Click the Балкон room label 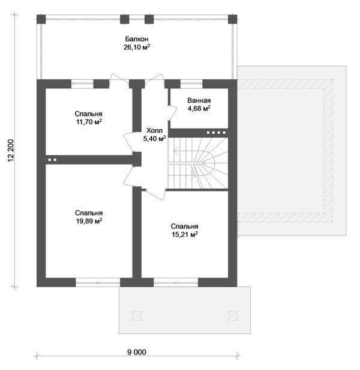(x=137, y=38)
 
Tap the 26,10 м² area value (x=137, y=47)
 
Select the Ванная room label (x=199, y=100)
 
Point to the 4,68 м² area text (x=199, y=109)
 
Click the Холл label (x=154, y=130)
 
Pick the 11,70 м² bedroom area (x=89, y=122)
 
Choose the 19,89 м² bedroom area (x=89, y=221)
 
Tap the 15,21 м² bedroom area (x=184, y=234)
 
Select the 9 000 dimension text (x=137, y=353)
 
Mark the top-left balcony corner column (x=41, y=19)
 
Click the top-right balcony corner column (x=232, y=19)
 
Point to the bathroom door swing (x=173, y=114)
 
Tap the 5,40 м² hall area (x=154, y=139)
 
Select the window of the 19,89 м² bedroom (x=98, y=282)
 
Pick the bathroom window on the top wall (x=191, y=83)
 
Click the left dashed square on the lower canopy (x=137, y=316)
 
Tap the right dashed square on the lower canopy (x=233, y=316)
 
